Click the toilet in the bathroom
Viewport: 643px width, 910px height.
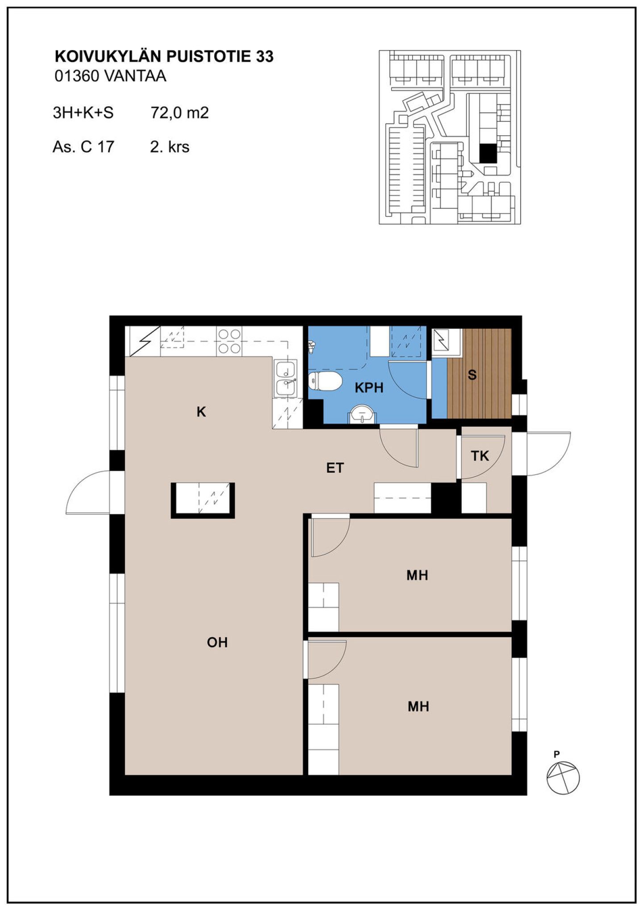325,381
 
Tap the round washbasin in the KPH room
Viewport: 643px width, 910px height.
362,414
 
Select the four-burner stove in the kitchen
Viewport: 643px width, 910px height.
229,342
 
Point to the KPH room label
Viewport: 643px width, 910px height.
369,388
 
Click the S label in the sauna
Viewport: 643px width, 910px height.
472,375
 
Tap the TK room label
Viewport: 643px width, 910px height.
480,456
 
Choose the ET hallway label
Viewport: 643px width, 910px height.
335,468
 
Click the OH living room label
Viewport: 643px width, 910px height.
217,642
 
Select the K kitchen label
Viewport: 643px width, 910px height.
201,412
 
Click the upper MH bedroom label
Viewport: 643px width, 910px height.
417,575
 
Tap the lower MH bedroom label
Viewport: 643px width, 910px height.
418,706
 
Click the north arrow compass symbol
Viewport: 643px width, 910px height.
563,778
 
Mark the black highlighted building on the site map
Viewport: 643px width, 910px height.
488,153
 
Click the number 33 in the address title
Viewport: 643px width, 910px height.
265,57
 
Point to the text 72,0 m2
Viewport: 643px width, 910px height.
180,113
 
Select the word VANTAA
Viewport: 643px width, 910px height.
135,76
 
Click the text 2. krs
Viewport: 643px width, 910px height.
170,147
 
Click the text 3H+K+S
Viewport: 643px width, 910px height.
83,113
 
